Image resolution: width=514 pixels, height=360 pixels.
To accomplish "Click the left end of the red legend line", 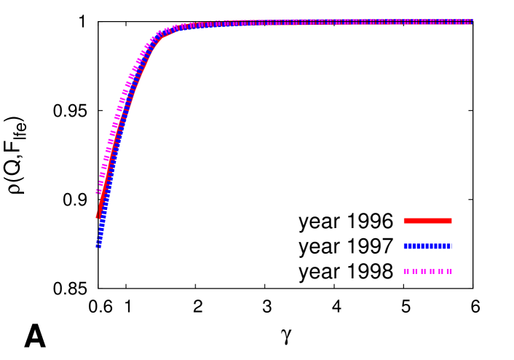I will click(x=404, y=221).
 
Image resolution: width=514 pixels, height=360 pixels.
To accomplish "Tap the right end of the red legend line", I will click(x=451, y=221).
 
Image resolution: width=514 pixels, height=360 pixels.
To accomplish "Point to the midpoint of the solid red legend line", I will click(x=427, y=221).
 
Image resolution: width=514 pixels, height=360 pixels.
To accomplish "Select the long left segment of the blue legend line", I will click(x=411, y=246).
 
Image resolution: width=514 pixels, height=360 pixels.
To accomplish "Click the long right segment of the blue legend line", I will click(x=444, y=246).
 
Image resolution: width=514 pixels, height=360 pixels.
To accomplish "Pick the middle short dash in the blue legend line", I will click(x=427, y=246).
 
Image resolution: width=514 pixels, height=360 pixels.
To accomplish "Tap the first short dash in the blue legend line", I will click(x=422, y=246).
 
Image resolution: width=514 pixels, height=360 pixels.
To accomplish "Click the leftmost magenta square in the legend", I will click(x=406, y=271).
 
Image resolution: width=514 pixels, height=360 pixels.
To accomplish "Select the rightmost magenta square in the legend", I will click(x=449, y=271).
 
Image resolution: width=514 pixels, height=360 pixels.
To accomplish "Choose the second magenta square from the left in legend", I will click(x=415, y=271).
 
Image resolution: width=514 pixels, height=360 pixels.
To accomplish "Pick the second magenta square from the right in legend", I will click(x=440, y=271).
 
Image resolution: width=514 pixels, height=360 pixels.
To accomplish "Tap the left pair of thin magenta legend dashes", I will click(x=423, y=271).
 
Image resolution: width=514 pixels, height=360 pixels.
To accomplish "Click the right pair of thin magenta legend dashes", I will click(x=432, y=271).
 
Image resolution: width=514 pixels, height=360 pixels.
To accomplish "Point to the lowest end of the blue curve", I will click(x=98, y=246).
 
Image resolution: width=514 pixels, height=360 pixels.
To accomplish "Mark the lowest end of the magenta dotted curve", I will click(x=98, y=192).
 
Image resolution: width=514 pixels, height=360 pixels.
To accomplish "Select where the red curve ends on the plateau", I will click(x=309, y=24).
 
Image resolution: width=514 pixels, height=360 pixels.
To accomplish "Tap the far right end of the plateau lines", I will click(x=472, y=22).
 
